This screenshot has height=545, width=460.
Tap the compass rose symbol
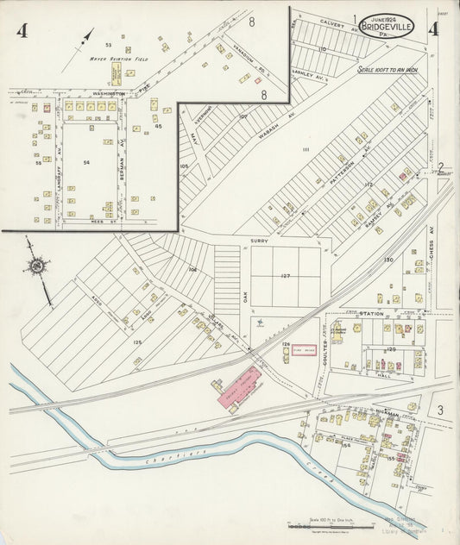37,268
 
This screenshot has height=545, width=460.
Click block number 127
286,277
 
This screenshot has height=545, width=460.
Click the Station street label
371,313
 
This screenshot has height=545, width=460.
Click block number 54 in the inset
86,161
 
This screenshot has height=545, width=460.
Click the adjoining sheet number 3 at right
439,409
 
